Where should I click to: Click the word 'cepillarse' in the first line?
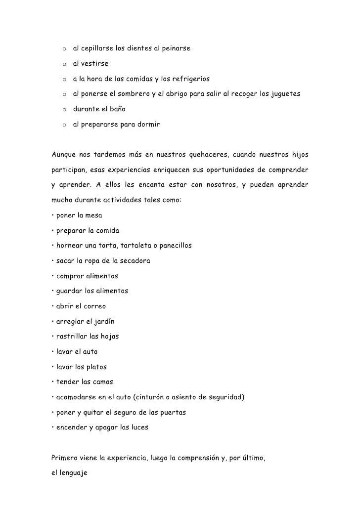(x=97, y=49)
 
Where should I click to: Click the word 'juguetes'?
(x=283, y=94)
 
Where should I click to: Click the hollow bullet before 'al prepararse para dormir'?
(x=64, y=126)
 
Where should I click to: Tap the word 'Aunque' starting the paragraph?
(x=64, y=155)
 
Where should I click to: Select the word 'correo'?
(x=94, y=306)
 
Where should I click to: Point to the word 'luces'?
(x=137, y=427)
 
